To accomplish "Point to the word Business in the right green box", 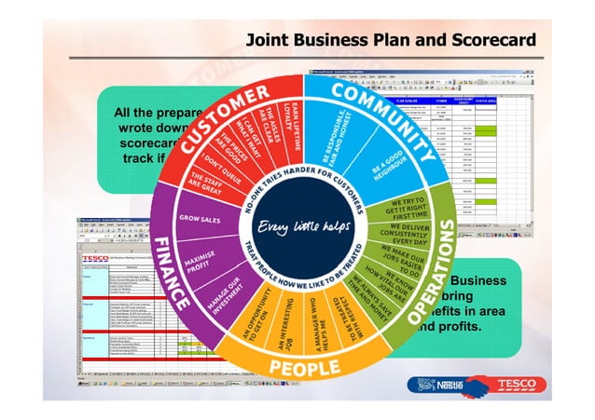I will [x=479, y=280].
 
